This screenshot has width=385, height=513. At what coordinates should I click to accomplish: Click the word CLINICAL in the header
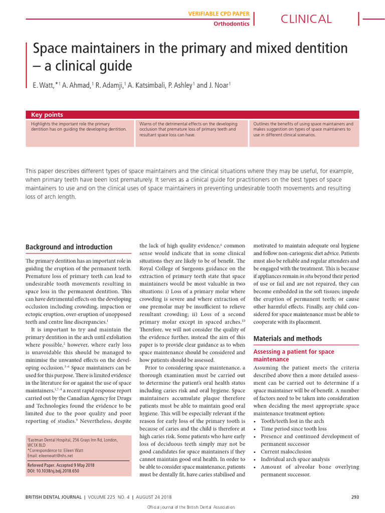306,19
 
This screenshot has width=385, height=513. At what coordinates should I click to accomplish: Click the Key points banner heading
47,115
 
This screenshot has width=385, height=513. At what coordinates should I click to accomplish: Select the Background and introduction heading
69,247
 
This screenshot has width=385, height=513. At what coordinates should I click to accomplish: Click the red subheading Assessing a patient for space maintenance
293,356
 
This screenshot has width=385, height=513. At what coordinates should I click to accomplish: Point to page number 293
356,497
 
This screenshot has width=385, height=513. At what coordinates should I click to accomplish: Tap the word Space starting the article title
49,49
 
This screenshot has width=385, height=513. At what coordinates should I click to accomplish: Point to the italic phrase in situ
306,276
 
